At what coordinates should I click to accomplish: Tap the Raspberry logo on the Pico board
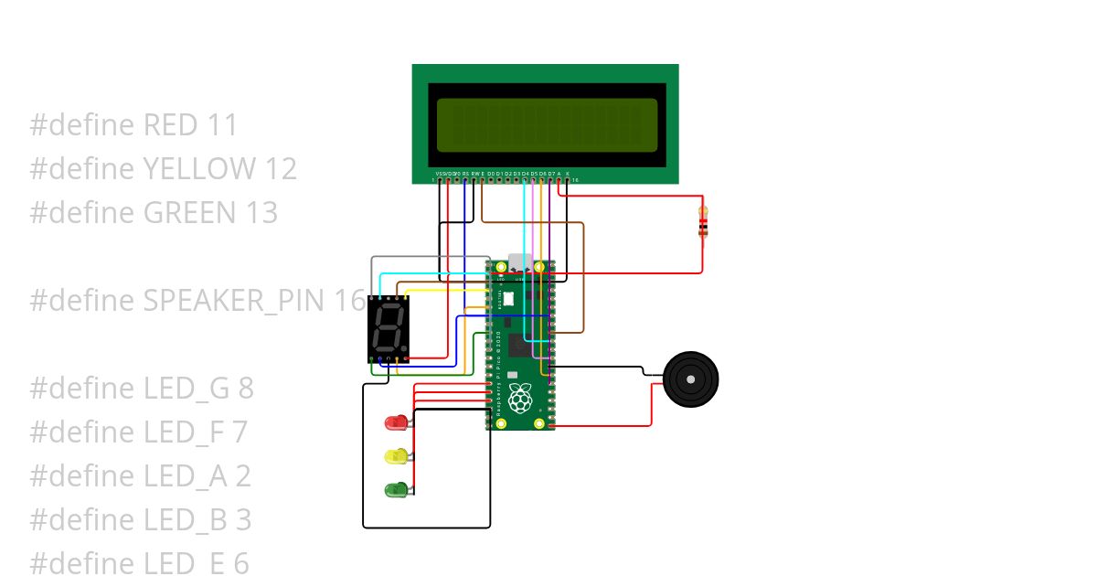pos(520,399)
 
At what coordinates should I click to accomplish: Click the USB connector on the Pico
pos(520,263)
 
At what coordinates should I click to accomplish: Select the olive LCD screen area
pos(547,124)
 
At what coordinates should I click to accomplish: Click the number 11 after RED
pos(222,125)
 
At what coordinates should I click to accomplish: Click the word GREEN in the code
pos(189,213)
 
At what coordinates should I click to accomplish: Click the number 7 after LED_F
pos(239,432)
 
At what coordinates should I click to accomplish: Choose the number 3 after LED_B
pos(243,520)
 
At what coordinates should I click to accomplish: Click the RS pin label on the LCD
pos(464,173)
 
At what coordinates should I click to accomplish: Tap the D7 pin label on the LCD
pos(551,173)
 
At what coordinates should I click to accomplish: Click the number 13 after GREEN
pos(260,213)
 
